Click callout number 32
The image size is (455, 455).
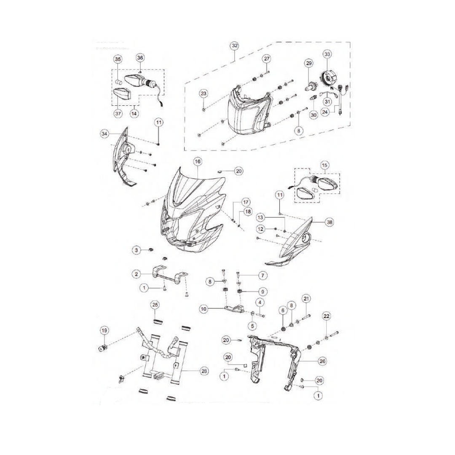[235, 46]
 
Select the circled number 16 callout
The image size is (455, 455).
[198, 162]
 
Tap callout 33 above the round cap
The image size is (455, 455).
[327, 54]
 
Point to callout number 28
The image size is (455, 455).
[204, 371]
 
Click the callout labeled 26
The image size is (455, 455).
[322, 361]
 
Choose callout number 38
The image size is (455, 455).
[329, 222]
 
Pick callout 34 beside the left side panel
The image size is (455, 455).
[104, 134]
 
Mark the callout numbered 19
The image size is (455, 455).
[104, 331]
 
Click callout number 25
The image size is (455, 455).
[155, 305]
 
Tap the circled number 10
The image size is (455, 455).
[204, 309]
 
